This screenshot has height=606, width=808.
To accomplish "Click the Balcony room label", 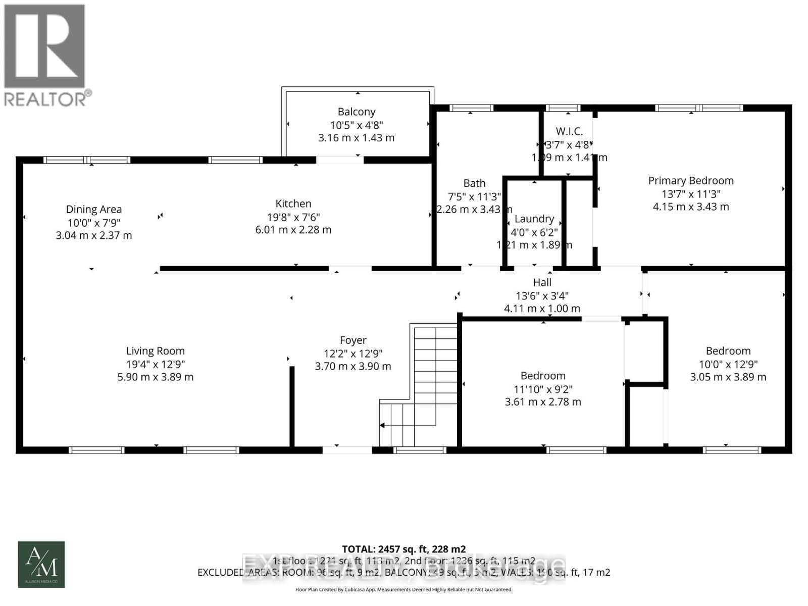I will tap(357, 112).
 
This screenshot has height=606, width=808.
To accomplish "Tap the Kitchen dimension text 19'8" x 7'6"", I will tap(293, 217).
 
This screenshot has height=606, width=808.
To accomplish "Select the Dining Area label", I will tap(94, 209).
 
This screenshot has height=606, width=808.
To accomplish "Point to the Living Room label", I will tap(156, 351).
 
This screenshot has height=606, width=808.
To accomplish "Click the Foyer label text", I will tap(353, 340).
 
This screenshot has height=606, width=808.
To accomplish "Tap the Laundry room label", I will tap(534, 219).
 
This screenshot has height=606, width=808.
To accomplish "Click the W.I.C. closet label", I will tap(569, 131).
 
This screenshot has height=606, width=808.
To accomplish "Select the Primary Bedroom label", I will tap(691, 180).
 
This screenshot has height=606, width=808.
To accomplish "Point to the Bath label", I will tap(474, 183).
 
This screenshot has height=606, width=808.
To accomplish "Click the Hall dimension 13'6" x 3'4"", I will tap(542, 295).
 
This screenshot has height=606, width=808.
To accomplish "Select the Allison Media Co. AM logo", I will tap(41, 564).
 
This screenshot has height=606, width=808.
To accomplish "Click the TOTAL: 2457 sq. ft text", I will tap(403, 549).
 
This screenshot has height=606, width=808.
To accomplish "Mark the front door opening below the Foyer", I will tap(347, 449).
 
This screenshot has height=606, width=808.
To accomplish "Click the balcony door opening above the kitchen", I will tap(339, 160).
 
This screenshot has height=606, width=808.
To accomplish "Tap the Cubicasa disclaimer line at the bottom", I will tap(403, 589).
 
